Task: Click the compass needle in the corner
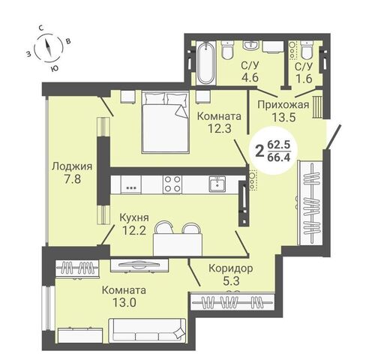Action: point(48,48)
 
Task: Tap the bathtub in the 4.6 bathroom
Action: point(205,63)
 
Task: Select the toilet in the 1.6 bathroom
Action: point(307,50)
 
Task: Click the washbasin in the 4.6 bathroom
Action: point(250,46)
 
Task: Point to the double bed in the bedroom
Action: point(165,122)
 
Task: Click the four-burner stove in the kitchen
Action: point(172,184)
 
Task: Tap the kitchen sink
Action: point(217,184)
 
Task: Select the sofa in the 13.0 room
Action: point(147,330)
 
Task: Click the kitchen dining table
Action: point(178,244)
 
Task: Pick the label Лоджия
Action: point(72,166)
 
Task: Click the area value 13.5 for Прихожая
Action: point(283,117)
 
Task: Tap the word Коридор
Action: point(231,268)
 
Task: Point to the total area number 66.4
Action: point(279,157)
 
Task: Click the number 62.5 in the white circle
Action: point(279,145)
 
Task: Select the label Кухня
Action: point(134,218)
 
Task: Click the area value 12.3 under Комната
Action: point(220,128)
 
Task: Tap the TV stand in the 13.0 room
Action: point(139,265)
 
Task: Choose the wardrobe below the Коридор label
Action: point(232,301)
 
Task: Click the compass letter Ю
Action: point(54,67)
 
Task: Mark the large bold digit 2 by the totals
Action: point(259,151)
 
